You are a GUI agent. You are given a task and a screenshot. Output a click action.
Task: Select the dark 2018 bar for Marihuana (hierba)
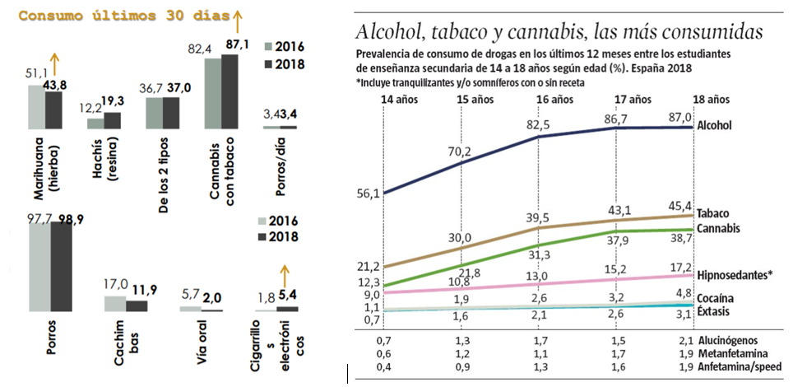tap(53, 111)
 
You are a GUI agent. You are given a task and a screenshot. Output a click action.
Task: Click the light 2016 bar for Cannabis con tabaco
tap(212, 95)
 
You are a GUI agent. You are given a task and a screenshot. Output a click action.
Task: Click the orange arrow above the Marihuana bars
tap(54, 63)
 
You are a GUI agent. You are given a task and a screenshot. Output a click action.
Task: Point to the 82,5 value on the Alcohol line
tap(537, 124)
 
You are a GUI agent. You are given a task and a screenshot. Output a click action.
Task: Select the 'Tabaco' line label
tap(713, 213)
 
